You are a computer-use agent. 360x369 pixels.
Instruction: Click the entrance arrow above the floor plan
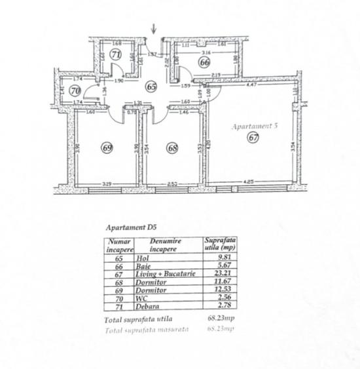click(x=154, y=28)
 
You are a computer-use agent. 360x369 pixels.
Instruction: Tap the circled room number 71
click(x=116, y=54)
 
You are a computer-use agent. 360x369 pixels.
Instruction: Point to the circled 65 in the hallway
click(x=151, y=85)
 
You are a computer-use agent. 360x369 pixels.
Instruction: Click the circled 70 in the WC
click(x=75, y=90)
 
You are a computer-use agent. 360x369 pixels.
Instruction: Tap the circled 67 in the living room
click(x=253, y=138)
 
